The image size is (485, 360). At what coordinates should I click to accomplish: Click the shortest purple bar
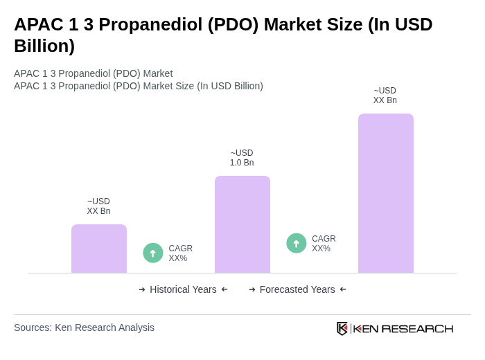(x=99, y=249)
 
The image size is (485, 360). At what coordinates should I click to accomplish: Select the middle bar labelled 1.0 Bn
(x=242, y=224)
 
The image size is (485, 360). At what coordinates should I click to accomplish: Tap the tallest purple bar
(x=386, y=193)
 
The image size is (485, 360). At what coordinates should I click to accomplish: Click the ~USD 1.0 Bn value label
(x=242, y=158)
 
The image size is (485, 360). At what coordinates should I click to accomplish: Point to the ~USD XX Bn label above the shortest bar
(x=98, y=206)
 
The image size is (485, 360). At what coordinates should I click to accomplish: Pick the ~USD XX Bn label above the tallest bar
(x=385, y=96)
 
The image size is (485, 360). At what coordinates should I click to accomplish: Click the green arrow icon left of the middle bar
(x=153, y=253)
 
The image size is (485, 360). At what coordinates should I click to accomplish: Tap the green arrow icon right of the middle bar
(x=297, y=244)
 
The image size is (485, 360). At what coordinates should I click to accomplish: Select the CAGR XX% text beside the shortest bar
(x=180, y=253)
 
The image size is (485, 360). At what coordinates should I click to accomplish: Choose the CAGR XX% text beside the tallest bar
(x=324, y=244)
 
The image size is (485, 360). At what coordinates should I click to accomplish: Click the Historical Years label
(x=183, y=289)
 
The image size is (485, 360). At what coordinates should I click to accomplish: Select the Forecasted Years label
(x=297, y=289)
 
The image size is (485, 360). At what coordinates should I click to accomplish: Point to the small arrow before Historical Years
(x=142, y=289)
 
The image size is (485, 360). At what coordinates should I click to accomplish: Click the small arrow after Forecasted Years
(x=343, y=289)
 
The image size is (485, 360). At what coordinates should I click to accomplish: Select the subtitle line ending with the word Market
(x=93, y=73)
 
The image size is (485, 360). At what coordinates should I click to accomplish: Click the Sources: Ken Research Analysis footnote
(x=84, y=327)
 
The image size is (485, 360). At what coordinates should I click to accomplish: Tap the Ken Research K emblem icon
(x=342, y=328)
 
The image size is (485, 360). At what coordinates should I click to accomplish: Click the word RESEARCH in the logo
(x=417, y=328)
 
